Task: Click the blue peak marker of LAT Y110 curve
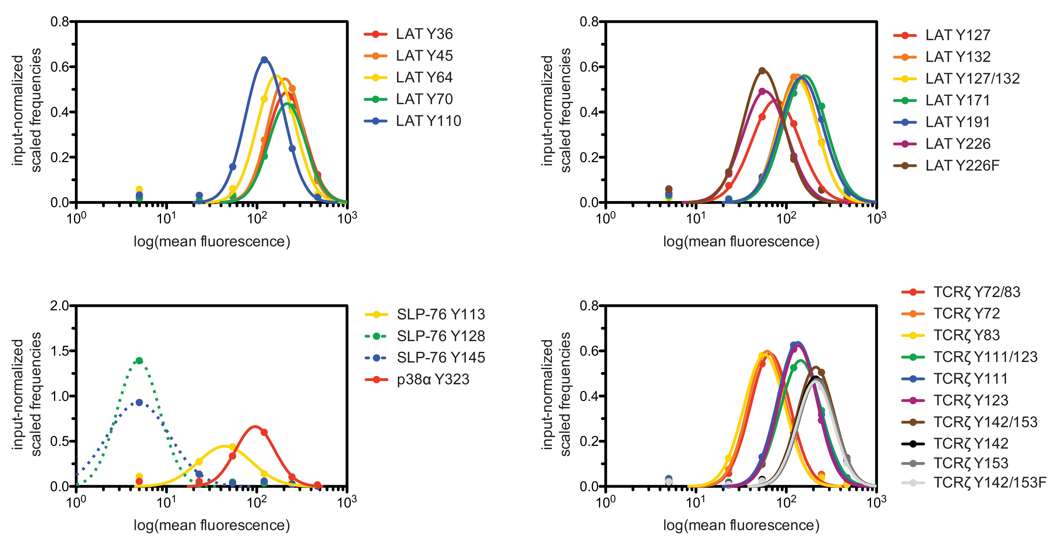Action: [264, 60]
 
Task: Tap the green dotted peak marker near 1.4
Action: [139, 360]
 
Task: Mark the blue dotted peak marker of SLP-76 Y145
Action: [139, 402]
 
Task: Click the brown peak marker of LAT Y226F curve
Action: [762, 71]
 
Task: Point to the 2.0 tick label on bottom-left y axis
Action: [59, 305]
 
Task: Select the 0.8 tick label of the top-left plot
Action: [59, 21]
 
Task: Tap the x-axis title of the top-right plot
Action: [741, 241]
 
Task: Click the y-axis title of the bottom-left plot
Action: [27, 395]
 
